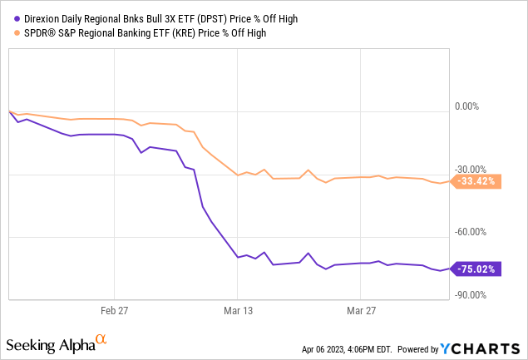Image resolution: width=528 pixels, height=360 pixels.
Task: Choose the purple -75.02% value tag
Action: [x=477, y=269]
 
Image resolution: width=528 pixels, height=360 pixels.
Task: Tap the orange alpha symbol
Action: [x=101, y=339]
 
